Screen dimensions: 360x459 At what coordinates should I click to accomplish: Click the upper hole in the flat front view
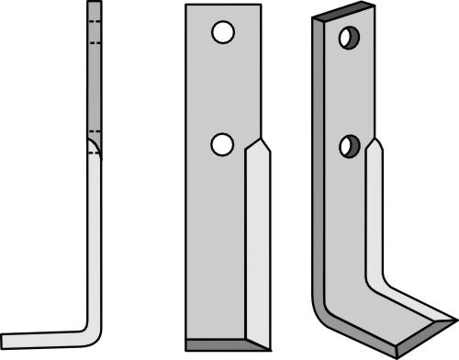pyautogui.click(x=221, y=33)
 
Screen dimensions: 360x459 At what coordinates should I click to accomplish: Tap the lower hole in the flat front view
pyautogui.click(x=221, y=143)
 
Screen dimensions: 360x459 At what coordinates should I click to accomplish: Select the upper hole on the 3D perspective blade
pyautogui.click(x=349, y=38)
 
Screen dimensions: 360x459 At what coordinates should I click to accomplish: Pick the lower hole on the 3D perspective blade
pyautogui.click(x=349, y=145)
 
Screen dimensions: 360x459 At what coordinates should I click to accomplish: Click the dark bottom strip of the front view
pyautogui.click(x=228, y=344)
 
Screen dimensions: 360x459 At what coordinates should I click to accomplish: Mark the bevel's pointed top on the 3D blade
pyautogui.click(x=375, y=142)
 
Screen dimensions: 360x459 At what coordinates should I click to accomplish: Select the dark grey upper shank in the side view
pyautogui.click(x=95, y=73)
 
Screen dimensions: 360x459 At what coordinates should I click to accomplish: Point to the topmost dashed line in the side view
pyautogui.click(x=95, y=20)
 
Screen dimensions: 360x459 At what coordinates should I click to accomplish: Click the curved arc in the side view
pyautogui.click(x=95, y=147)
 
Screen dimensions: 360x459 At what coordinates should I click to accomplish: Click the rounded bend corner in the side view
pyautogui.click(x=93, y=326)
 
